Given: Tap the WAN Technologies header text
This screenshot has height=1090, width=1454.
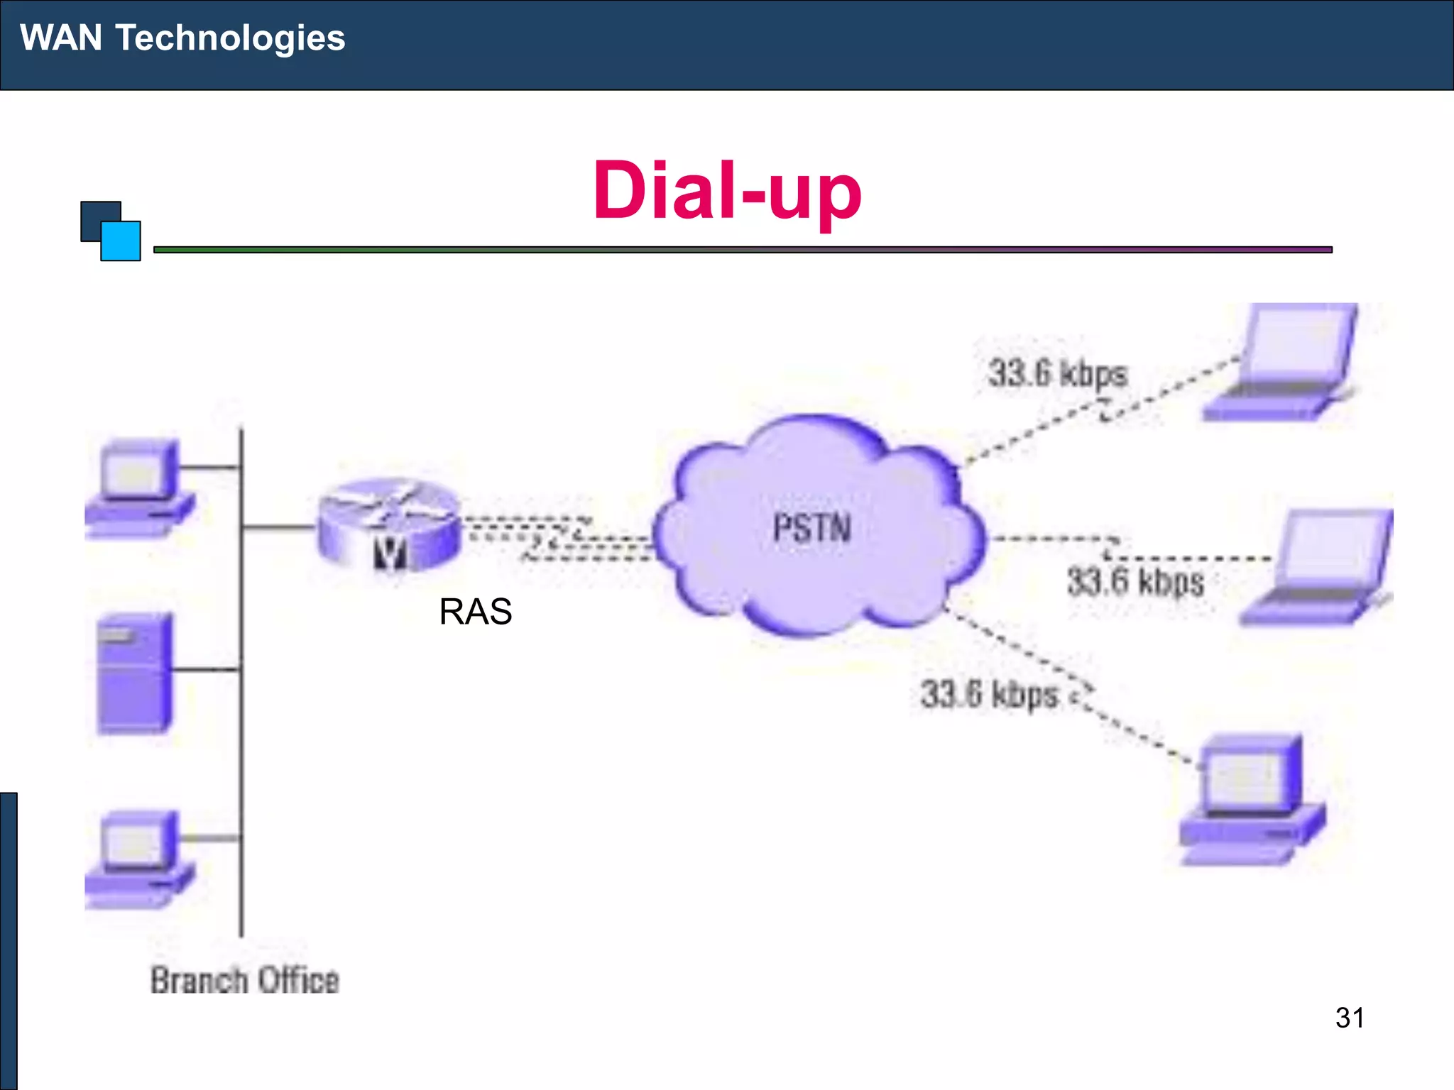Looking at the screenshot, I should point(182,38).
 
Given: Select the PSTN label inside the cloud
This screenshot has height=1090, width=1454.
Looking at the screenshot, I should point(811,528).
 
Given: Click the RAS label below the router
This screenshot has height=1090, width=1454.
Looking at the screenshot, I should point(475,612).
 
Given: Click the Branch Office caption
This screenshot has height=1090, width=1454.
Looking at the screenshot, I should point(245,981).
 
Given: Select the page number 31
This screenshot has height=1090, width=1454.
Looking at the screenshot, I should point(1349,1018).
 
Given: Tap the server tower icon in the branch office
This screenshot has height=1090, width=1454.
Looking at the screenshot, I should point(134,673).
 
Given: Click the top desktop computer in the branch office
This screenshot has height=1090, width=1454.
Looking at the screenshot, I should point(140,488).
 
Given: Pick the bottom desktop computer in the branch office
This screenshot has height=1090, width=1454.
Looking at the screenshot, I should point(140,859).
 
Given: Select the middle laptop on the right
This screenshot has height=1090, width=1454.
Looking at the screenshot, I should point(1321,568).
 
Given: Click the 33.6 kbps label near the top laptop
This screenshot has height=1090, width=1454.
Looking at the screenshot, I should point(1057,373).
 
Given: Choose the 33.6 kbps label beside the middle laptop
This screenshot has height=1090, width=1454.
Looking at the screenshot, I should point(1135,582).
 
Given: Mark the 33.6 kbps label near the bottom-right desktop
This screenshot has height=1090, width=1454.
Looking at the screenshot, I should point(989,694).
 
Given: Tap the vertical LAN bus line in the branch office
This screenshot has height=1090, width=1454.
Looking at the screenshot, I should point(241,745).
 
